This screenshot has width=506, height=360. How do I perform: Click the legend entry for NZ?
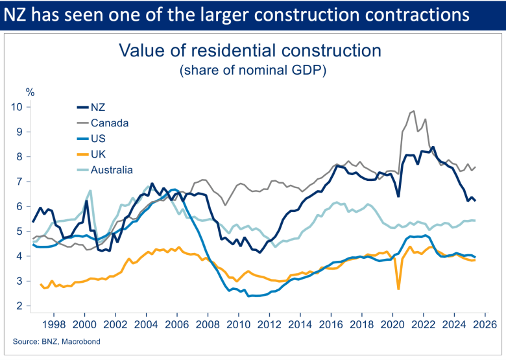pyautogui.click(x=99, y=108)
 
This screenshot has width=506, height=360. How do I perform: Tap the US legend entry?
pyautogui.click(x=99, y=138)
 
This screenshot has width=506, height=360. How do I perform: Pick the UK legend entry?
pyautogui.click(x=99, y=154)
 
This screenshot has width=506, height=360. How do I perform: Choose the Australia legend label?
pyautogui.click(x=112, y=169)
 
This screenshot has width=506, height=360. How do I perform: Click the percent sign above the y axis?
pyautogui.click(x=30, y=91)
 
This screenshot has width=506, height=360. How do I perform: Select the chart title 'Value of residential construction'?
pyautogui.click(x=248, y=51)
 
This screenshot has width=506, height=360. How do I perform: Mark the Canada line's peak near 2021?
pyautogui.click(x=413, y=111)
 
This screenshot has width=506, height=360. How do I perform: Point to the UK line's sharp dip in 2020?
pyautogui.click(x=398, y=289)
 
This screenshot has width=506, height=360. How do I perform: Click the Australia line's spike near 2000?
pyautogui.click(x=90, y=191)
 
